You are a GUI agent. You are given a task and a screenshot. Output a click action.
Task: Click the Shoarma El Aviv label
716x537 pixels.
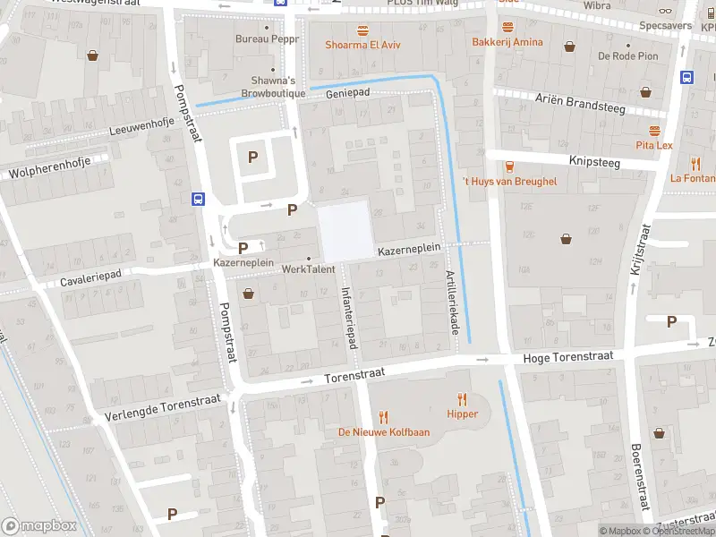pyautogui.click(x=362, y=45)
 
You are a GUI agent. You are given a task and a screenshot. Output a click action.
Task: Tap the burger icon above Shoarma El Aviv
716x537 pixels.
pyautogui.click(x=362, y=30)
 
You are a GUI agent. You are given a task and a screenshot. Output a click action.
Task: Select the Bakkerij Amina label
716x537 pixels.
pyautogui.click(x=507, y=42)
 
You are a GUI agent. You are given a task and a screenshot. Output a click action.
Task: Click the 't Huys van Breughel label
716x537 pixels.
pyautogui.click(x=508, y=182)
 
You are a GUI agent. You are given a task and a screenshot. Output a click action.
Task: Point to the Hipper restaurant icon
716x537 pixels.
pyautogui.click(x=463, y=399)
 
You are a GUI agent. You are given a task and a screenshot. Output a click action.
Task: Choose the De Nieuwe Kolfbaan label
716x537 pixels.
pyautogui.click(x=383, y=432)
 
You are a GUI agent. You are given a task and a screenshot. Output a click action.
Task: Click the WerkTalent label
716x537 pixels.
pyautogui.click(x=308, y=268)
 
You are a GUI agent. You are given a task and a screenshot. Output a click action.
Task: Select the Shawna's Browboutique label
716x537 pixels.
pyautogui.click(x=274, y=87)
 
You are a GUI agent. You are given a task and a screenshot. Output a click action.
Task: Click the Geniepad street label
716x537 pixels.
pyautogui.click(x=348, y=93)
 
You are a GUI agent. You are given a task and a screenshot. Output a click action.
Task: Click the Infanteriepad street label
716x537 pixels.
pyautogui.click(x=350, y=318)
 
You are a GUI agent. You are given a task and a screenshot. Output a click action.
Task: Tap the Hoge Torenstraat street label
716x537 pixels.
pyautogui.click(x=567, y=356)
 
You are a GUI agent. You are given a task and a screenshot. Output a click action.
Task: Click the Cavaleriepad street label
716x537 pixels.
pyautogui.click(x=89, y=280)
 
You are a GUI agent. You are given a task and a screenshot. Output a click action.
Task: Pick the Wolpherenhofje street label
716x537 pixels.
pyautogui.click(x=52, y=169)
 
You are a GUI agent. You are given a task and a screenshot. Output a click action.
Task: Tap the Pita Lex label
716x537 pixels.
pyautogui.click(x=653, y=145)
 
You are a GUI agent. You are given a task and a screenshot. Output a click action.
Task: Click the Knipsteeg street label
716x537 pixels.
pyautogui.click(x=594, y=161)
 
